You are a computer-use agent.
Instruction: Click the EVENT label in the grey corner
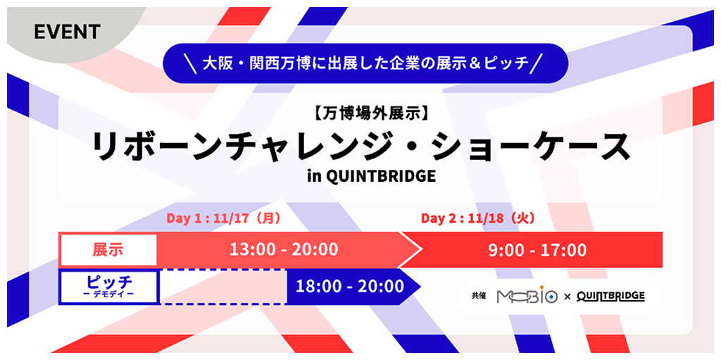[x=67, y=32]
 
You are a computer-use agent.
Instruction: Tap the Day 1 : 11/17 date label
[x=223, y=218]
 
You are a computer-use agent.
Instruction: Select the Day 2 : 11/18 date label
[x=478, y=218]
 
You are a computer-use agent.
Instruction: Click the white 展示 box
[x=108, y=249]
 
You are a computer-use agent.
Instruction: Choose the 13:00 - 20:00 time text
[x=284, y=250]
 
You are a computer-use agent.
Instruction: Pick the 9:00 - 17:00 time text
[x=537, y=250]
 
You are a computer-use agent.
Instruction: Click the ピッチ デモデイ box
[x=109, y=287]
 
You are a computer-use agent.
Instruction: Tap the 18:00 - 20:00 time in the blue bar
[x=349, y=287]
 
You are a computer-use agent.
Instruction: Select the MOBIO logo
[x=527, y=297]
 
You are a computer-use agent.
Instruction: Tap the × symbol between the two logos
[x=567, y=297]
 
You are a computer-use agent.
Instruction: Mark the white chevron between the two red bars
[x=410, y=249]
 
